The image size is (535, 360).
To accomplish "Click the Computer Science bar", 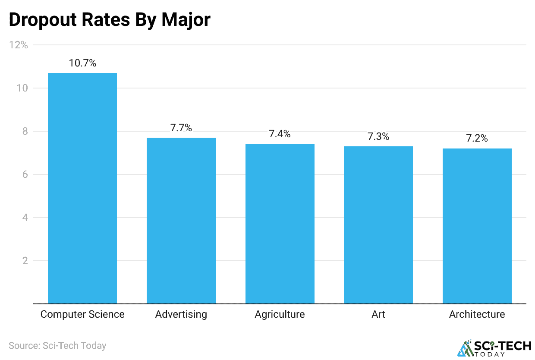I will click(x=82, y=188).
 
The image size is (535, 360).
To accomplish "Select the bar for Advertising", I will click(x=181, y=221).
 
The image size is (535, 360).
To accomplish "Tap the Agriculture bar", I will click(x=280, y=224).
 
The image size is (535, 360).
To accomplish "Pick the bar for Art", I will click(x=378, y=225).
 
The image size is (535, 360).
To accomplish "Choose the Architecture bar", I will click(x=477, y=226).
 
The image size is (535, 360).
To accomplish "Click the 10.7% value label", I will click(x=82, y=63).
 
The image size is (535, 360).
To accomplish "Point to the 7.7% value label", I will click(x=181, y=128).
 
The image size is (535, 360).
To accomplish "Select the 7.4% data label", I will click(x=280, y=134).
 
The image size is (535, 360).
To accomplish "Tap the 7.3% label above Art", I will click(x=378, y=136).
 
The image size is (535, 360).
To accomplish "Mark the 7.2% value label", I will click(x=477, y=139).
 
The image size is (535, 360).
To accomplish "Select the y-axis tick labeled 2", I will click(x=25, y=261).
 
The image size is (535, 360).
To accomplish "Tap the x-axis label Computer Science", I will click(x=82, y=314).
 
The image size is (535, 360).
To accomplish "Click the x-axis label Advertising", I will click(x=181, y=314).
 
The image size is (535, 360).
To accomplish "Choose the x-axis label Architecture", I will click(x=477, y=314).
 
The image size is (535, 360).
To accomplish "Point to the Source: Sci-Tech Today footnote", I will click(x=57, y=345).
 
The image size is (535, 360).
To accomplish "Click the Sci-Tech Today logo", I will click(x=494, y=348).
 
